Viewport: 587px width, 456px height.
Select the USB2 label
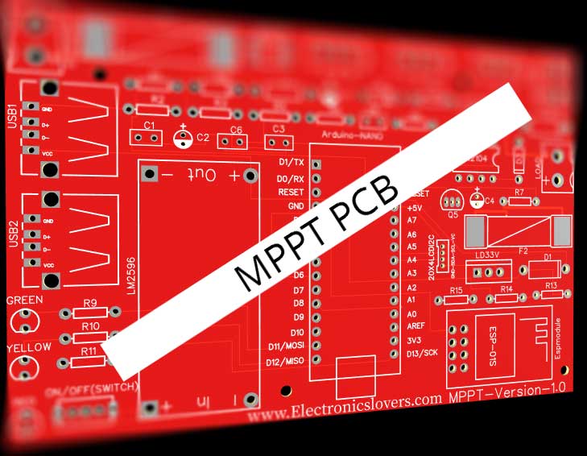[11, 235]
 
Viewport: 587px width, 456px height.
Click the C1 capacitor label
[148, 126]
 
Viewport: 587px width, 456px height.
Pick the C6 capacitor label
[236, 130]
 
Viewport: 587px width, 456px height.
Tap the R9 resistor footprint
[90, 313]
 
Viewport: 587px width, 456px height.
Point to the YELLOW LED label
[29, 347]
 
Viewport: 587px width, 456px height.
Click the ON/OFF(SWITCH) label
[93, 390]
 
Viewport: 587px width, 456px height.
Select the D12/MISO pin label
[285, 361]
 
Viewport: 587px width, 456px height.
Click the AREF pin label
[417, 327]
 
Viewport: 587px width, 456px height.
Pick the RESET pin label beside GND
[291, 193]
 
